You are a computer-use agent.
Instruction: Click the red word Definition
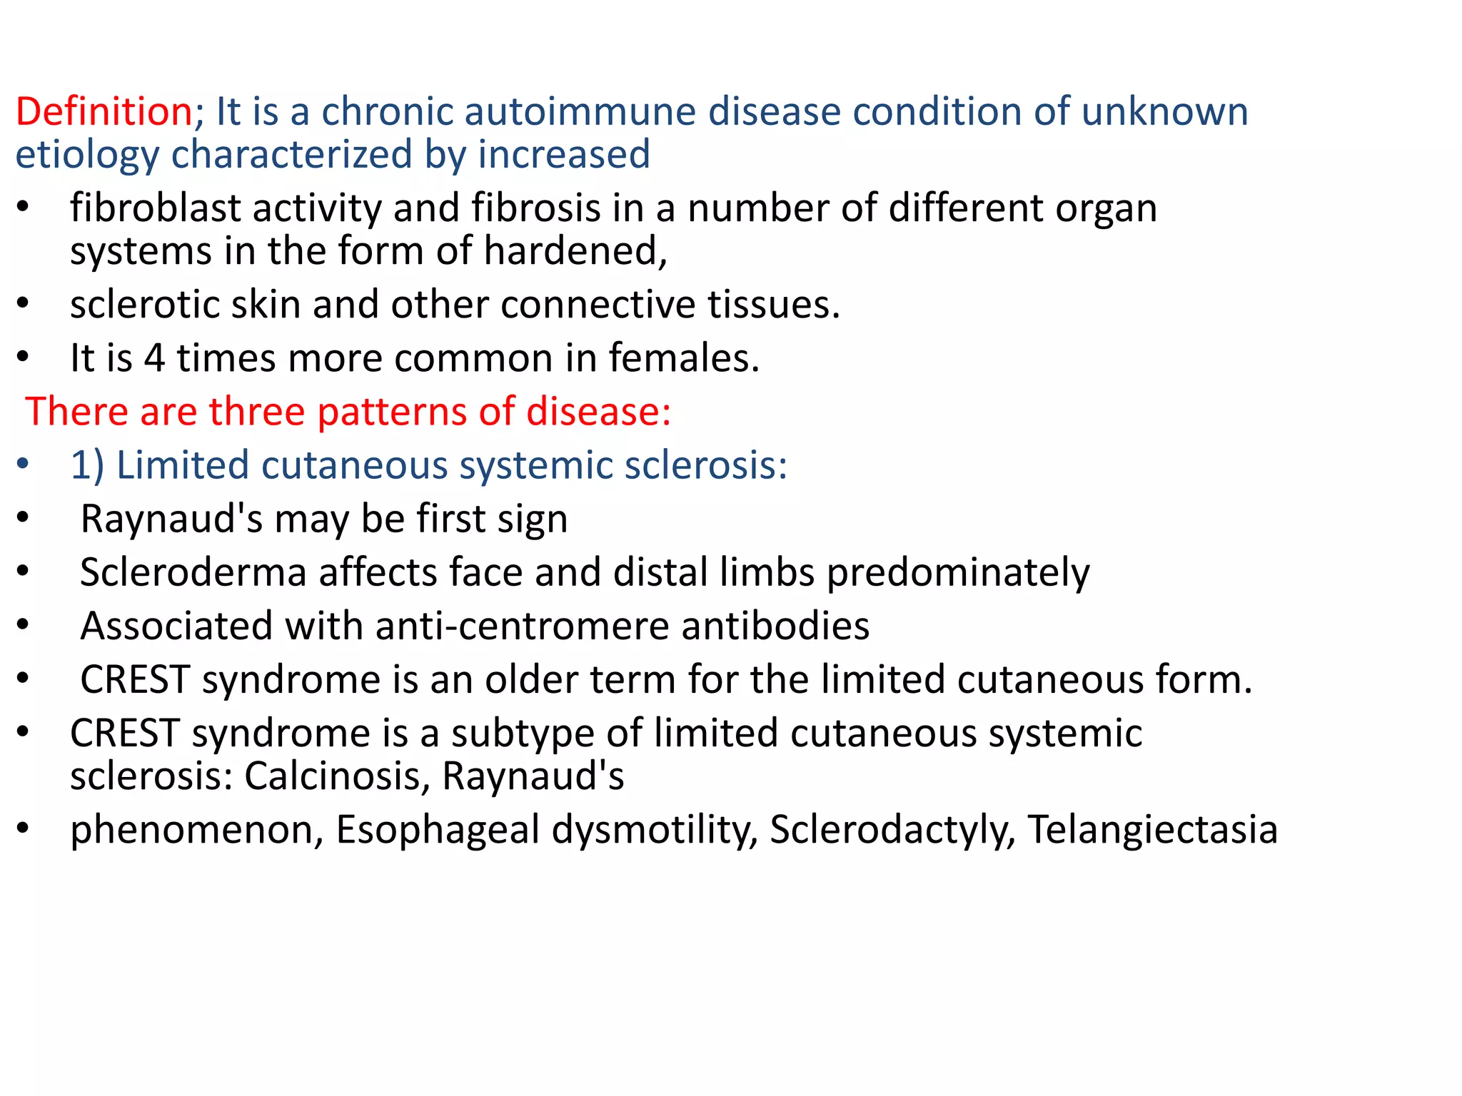click(x=104, y=112)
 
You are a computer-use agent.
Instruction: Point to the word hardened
click(x=575, y=251)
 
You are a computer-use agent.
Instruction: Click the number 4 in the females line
click(x=154, y=358)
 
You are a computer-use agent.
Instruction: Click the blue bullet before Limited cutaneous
click(x=23, y=465)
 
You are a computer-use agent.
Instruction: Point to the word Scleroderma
click(x=193, y=572)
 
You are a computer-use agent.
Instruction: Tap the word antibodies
click(x=775, y=626)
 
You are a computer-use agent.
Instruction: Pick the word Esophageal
click(x=438, y=830)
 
